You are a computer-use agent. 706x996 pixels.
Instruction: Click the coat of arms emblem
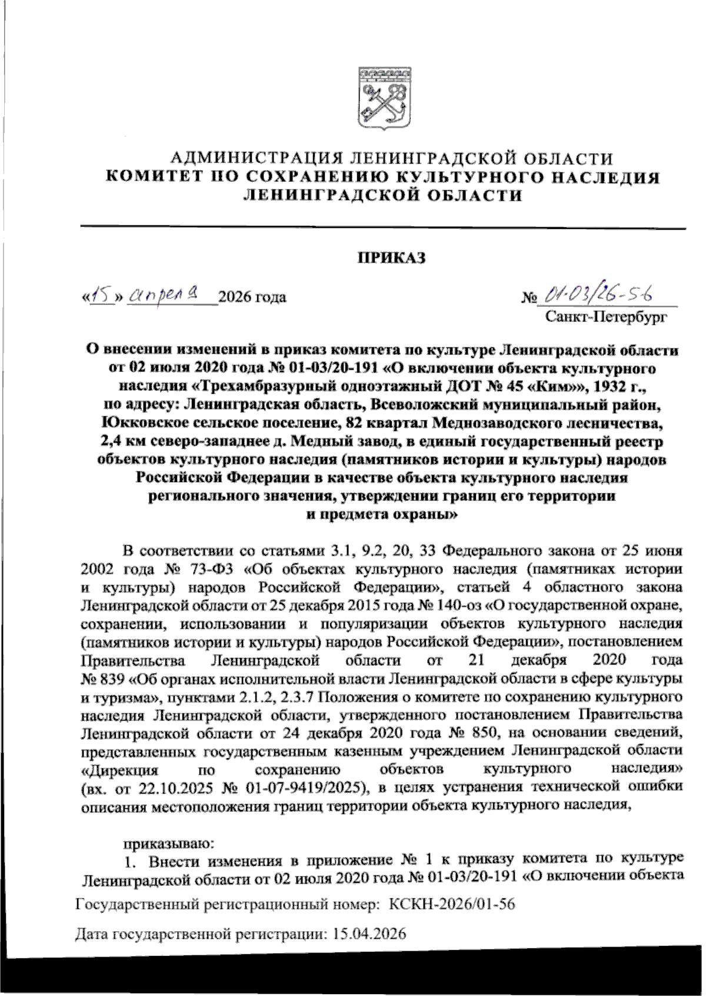tap(383, 99)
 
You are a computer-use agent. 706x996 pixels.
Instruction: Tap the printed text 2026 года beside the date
tap(252, 297)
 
